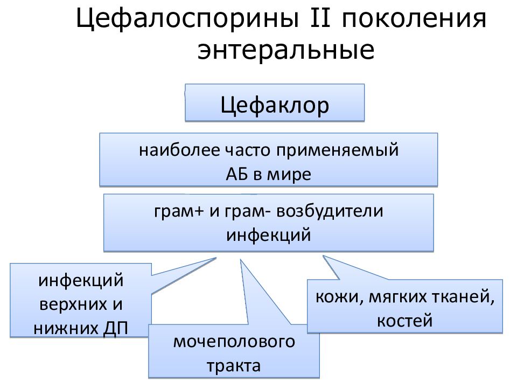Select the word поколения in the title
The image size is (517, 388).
point(414,19)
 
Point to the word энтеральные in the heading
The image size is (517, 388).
point(286,51)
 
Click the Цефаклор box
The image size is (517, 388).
point(275,103)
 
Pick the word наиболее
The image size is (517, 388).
point(179,150)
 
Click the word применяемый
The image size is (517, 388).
point(337,151)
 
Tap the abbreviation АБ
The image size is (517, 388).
point(237,175)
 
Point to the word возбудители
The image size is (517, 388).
point(330,211)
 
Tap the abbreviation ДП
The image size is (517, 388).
point(115,329)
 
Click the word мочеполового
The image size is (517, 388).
point(234,342)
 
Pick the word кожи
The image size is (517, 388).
point(339,297)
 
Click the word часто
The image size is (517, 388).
point(247,151)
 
